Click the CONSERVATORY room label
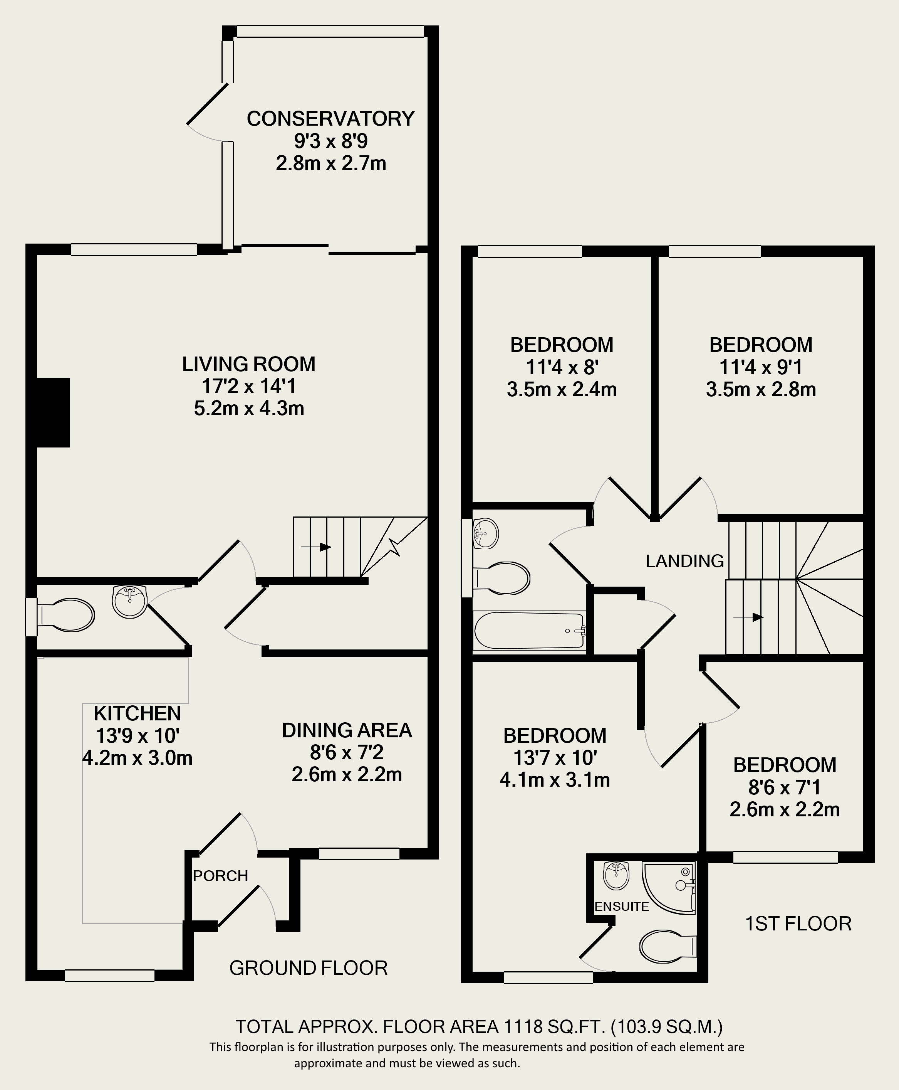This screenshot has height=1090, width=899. (x=330, y=119)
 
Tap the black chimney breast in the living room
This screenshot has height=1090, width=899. (x=53, y=412)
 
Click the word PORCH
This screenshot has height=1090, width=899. (x=221, y=876)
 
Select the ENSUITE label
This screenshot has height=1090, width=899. (x=621, y=906)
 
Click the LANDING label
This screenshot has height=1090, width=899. (x=684, y=560)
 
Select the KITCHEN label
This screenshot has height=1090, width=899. (x=137, y=713)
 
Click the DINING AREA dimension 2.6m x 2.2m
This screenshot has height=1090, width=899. (x=346, y=774)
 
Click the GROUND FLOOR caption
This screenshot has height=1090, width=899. (x=308, y=968)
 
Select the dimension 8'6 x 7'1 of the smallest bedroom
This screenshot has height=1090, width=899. (x=784, y=788)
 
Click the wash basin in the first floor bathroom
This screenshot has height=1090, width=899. (x=485, y=533)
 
